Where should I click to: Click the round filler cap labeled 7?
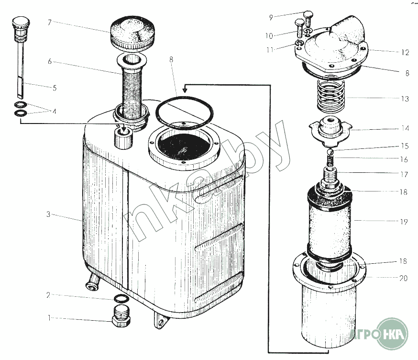(132, 34)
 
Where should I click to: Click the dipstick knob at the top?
(21, 24)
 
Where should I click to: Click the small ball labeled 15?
(330, 152)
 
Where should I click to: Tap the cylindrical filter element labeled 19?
(330, 224)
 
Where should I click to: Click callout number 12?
(405, 52)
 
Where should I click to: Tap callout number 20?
(403, 278)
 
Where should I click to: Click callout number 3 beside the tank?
(48, 214)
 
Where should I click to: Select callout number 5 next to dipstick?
(55, 88)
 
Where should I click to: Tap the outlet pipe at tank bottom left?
(92, 282)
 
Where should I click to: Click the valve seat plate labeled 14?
(330, 131)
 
